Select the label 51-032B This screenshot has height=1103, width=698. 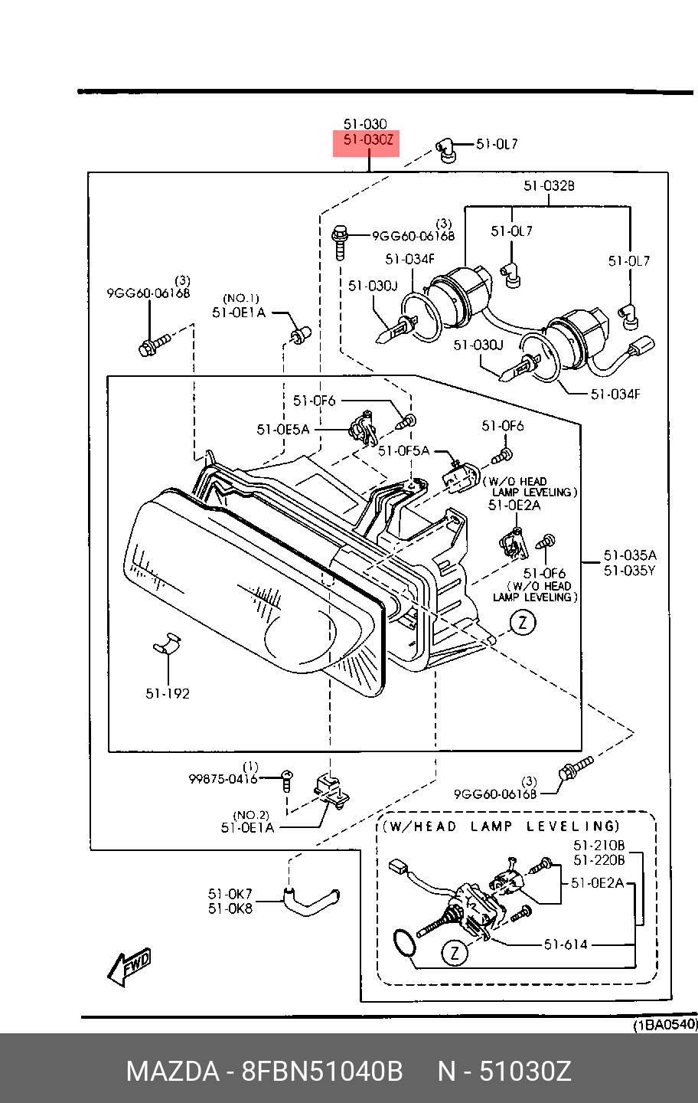(x=549, y=185)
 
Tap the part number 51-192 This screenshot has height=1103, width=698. (x=168, y=693)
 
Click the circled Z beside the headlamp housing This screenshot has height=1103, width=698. (x=523, y=622)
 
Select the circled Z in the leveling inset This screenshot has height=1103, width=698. (x=455, y=953)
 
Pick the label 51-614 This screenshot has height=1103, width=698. (x=566, y=944)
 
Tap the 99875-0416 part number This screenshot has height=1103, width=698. (x=223, y=779)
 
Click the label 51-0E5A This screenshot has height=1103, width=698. (x=283, y=430)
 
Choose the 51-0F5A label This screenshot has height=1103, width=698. (x=404, y=451)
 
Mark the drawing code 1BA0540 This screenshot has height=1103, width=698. (x=664, y=1025)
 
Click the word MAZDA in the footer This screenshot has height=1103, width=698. (x=172, y=1072)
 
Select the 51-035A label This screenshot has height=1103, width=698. (x=629, y=555)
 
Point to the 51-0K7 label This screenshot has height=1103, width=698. (x=230, y=894)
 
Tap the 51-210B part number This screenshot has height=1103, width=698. (x=599, y=846)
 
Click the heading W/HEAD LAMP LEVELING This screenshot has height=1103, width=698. (x=501, y=826)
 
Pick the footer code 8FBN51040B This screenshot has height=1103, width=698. (x=322, y=1072)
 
